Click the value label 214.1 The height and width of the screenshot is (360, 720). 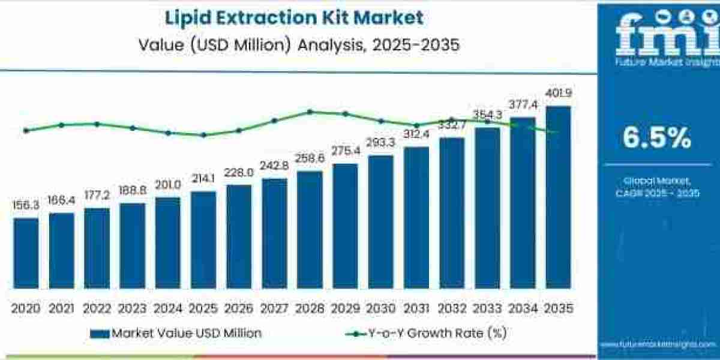(203, 180)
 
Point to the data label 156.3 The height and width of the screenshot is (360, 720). (26, 206)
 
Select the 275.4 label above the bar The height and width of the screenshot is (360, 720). (345, 151)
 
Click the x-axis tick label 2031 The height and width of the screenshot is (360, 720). (416, 308)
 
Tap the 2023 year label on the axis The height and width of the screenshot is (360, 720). (132, 308)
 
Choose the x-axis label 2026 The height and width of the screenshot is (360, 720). (238, 308)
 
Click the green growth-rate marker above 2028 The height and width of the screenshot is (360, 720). (310, 112)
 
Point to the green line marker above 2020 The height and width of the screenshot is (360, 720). (26, 130)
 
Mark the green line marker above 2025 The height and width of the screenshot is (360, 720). (203, 135)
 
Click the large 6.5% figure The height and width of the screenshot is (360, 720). (656, 139)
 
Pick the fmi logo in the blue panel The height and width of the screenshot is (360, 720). (656, 33)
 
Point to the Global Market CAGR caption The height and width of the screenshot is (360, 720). (656, 187)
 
